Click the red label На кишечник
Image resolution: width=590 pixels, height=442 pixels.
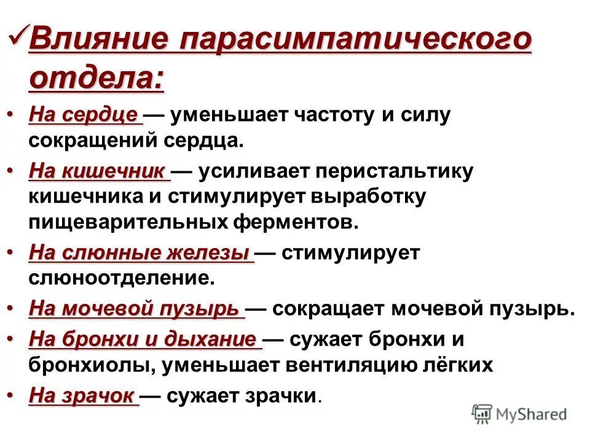pyautogui.click(x=98, y=171)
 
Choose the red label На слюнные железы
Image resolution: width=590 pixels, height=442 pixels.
pyautogui.click(x=140, y=253)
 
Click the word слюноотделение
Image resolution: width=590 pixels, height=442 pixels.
pyautogui.click(x=122, y=278)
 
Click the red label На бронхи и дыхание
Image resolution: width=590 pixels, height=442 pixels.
pyautogui.click(x=143, y=339)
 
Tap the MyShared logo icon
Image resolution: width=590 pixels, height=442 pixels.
pyautogui.click(x=482, y=414)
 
